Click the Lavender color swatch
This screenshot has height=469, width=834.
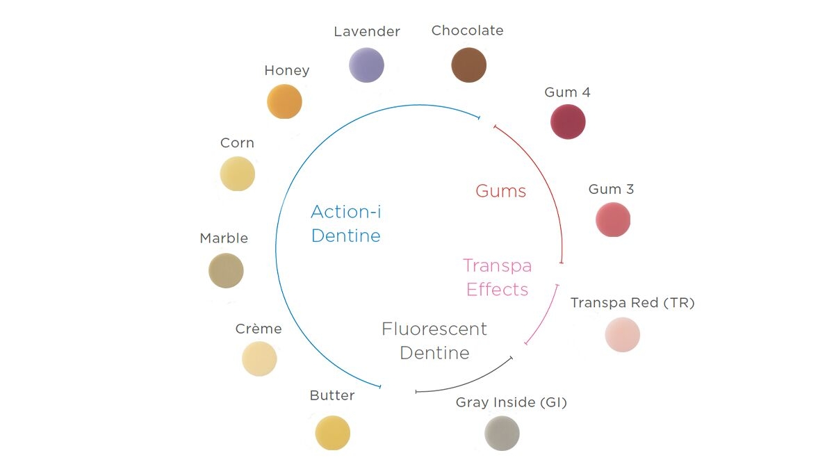coord(366,65)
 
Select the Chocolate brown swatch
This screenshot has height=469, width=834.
coord(468,65)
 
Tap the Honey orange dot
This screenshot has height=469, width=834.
coord(284,101)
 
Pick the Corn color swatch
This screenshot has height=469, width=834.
coord(238,174)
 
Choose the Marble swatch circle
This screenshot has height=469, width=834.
coord(226,270)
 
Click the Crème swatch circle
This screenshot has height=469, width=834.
coord(259,359)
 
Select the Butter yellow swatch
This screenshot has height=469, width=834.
coord(332,433)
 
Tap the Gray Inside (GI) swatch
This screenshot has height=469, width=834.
coord(502,434)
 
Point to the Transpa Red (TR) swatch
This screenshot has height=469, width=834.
coord(623,335)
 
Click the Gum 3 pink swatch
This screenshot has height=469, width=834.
coord(613,220)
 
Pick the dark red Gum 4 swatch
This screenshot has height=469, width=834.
coord(568,122)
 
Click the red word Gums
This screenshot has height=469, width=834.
coord(501,191)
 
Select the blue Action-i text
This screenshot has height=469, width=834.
coord(346,211)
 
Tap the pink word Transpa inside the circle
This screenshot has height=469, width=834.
coord(498,266)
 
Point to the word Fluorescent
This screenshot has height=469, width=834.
coord(434,329)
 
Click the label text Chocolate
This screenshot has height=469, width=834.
coord(467,31)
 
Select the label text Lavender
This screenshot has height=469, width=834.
coord(367,32)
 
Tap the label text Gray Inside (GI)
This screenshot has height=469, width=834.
coord(512,402)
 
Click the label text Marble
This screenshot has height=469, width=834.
coord(224,238)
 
